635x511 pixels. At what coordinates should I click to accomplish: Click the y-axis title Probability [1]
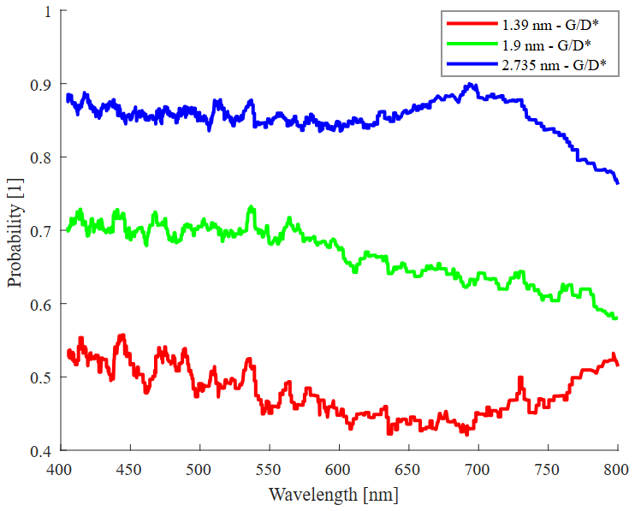coord(15,230)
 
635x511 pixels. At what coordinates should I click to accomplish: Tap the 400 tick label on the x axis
coord(59,469)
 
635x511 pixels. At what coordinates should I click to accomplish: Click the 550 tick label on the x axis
coord(269,469)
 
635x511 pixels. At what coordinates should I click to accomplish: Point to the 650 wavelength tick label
coord(408,469)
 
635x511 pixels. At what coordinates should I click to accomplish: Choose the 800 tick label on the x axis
coord(617,469)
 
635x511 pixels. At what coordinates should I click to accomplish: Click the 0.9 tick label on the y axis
coord(40,85)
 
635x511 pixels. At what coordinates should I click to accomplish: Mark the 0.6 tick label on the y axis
coord(40,305)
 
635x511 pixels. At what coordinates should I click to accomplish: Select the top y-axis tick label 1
coord(48,12)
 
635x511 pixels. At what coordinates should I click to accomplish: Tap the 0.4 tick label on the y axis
coord(40,451)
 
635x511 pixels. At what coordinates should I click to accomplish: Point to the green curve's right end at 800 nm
coord(616,318)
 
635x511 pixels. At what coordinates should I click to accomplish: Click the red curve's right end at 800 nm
coord(617,365)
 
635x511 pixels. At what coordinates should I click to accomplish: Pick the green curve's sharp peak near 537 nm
coord(251,207)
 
